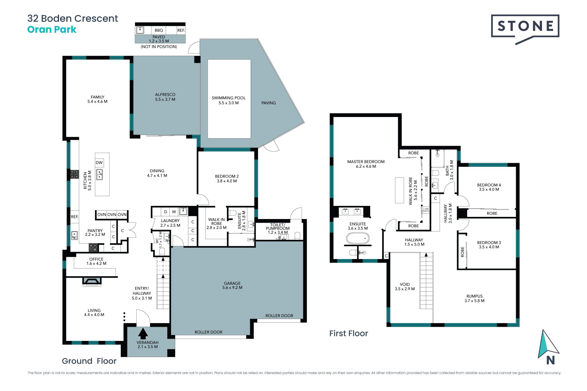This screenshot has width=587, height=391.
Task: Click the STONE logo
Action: tap(525, 29)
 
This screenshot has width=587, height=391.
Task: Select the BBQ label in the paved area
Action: tap(159, 30)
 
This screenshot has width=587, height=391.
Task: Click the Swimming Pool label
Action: tap(229, 100)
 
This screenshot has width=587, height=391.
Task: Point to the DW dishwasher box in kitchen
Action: tap(99, 163)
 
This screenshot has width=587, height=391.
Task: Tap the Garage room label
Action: tap(232, 285)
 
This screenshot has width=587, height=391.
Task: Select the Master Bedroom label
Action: tap(366, 164)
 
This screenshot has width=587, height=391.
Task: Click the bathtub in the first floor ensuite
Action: tap(358, 238)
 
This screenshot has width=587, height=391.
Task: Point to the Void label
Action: tap(405, 287)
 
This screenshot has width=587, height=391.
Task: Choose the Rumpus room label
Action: tap(474, 298)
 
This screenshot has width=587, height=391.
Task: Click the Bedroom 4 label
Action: tap(489, 187)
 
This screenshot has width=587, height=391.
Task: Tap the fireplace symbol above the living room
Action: tap(92, 281)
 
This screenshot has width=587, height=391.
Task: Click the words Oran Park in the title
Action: tap(52, 30)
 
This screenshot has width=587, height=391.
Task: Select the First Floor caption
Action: tap(349, 333)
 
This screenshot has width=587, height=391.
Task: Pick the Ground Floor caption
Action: tap(89, 361)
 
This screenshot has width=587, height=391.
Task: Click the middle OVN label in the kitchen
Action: tap(112, 214)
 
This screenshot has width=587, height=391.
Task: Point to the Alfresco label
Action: tap(165, 97)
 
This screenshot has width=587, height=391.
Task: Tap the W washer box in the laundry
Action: tap(174, 211)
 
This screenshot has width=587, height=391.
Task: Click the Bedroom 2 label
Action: tap(227, 179)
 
